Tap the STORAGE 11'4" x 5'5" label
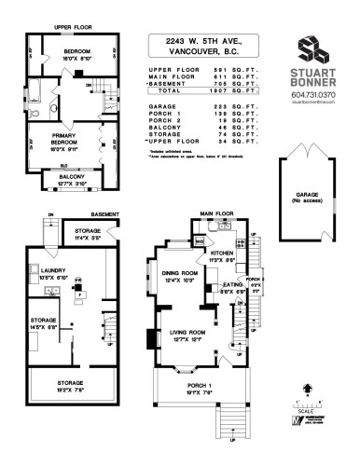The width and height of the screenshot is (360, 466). [x=88, y=233]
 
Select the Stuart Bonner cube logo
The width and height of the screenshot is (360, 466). [x=312, y=50]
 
